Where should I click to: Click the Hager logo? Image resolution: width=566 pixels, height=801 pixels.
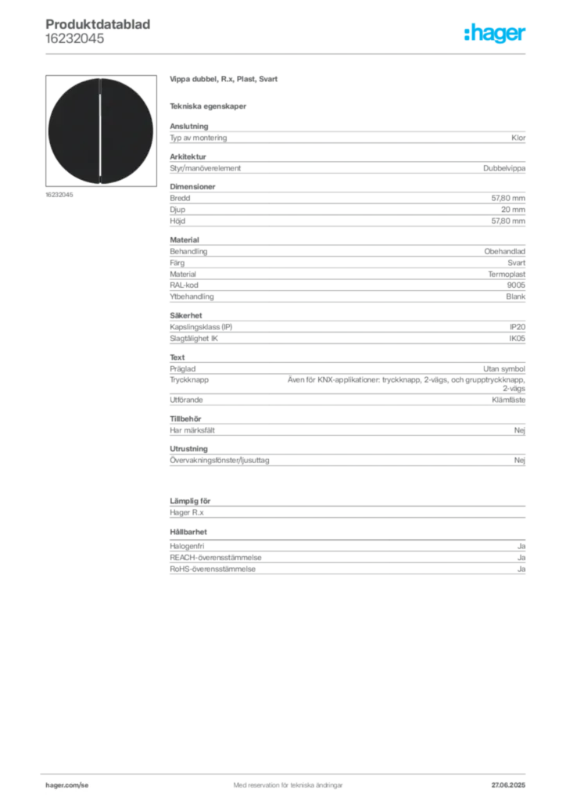pyautogui.click(x=494, y=33)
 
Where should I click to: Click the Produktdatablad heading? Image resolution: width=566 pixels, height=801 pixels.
pyautogui.click(x=98, y=24)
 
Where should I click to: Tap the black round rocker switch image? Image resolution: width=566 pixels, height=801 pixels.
pyautogui.click(x=101, y=131)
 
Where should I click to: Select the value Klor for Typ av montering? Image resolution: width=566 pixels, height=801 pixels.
pyautogui.click(x=518, y=138)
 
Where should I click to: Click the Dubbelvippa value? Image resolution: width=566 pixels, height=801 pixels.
pyautogui.click(x=504, y=168)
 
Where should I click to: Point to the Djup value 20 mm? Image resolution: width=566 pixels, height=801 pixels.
pyautogui.click(x=513, y=210)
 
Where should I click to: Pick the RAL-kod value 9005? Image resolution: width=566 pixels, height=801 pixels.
pyautogui.click(x=516, y=285)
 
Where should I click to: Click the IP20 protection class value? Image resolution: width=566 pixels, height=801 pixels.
pyautogui.click(x=517, y=327)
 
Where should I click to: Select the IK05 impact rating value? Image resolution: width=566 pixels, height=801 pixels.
pyautogui.click(x=517, y=338)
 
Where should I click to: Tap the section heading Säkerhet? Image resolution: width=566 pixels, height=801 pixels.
pyautogui.click(x=186, y=315)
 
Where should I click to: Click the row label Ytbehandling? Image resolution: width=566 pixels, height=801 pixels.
pyautogui.click(x=192, y=296)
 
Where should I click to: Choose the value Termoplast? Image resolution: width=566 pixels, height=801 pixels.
pyautogui.click(x=507, y=275)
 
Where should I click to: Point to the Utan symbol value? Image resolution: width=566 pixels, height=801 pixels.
pyautogui.click(x=504, y=369)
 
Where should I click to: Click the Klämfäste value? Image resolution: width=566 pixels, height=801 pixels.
pyautogui.click(x=508, y=400)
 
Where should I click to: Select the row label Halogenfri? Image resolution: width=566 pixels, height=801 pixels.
pyautogui.click(x=187, y=546)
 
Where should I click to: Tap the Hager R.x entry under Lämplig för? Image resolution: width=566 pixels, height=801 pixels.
pyautogui.click(x=187, y=512)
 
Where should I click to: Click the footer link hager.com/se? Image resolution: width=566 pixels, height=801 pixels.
pyautogui.click(x=67, y=785)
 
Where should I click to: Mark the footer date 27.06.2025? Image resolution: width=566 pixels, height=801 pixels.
pyautogui.click(x=508, y=785)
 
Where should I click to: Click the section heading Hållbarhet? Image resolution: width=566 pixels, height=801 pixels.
pyautogui.click(x=188, y=532)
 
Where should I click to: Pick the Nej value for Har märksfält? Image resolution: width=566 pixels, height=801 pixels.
pyautogui.click(x=520, y=431)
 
